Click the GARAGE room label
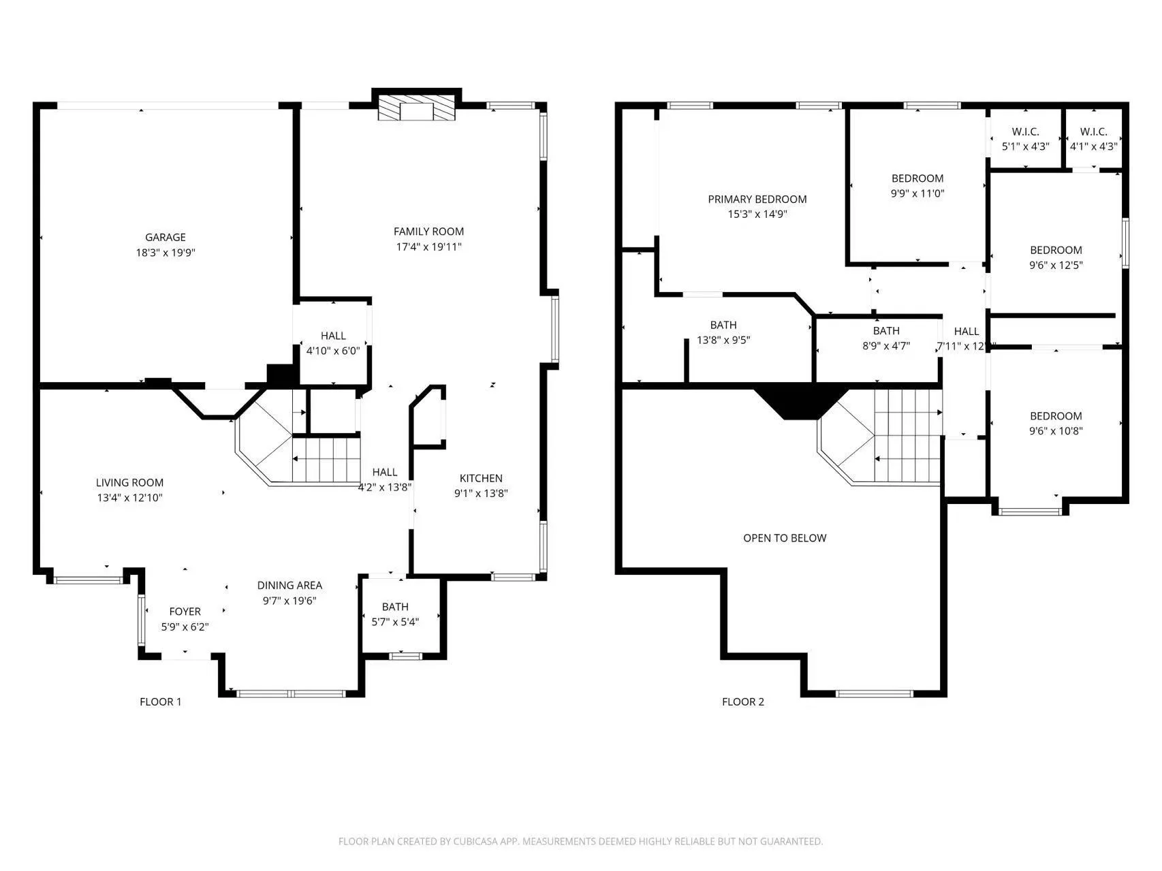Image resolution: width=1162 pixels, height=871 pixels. pos(165,237)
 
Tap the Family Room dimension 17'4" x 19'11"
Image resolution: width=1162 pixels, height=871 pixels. pos(428,247)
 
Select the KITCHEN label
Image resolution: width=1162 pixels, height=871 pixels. pos(481,478)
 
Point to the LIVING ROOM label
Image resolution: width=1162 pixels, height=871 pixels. pos(129,482)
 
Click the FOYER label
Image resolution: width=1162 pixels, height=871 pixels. pos(185,612)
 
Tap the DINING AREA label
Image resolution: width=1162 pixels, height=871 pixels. pos(289,585)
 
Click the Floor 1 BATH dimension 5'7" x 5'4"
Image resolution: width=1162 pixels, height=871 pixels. pos(395,622)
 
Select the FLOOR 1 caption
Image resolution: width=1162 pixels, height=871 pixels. pos(161,701)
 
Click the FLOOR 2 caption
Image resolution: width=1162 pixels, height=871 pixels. pos(743,701)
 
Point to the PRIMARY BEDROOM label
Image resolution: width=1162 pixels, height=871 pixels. pos(757,199)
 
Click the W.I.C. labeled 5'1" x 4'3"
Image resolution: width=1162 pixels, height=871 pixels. pos(1025,146)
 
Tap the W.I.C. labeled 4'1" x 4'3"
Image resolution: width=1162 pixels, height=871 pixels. pos(1093,146)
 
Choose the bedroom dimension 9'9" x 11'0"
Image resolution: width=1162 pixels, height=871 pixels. pos(917,193)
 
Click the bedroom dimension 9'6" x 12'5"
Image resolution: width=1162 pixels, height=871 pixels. pos(1056,266)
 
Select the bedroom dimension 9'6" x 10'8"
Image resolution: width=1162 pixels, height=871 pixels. pos(1056,431)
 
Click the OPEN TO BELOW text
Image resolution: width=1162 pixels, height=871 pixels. pos(785,538)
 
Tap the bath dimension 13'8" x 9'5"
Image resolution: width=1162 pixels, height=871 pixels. pos(723,340)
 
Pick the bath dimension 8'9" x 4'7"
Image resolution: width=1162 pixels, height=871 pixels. pos(886,346)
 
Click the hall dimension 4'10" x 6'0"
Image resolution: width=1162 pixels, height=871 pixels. pos(333,351)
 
